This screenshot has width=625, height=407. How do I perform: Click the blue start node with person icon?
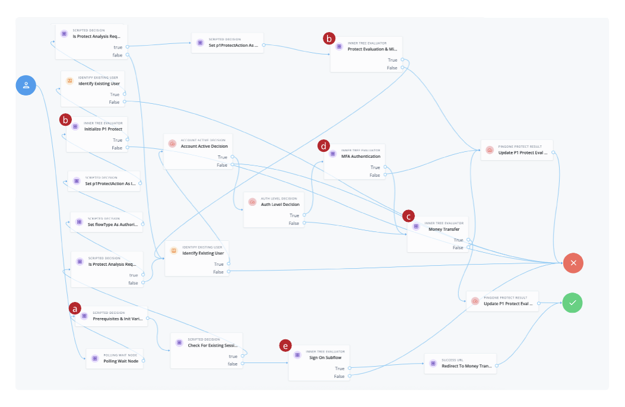pos(26,85)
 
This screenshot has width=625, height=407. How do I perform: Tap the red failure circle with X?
pos(573,262)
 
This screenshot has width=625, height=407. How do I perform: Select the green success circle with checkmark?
pos(573,303)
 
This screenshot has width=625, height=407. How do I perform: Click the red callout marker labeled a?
pos(75,309)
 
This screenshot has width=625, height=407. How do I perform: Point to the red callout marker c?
pos(408,216)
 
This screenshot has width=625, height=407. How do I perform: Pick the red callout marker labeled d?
pos(324,145)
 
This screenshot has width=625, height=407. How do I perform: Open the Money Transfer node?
pos(443,229)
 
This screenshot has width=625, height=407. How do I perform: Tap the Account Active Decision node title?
pos(204,146)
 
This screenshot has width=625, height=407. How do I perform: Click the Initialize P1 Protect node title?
pos(103,129)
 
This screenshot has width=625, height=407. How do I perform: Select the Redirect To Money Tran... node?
pos(466,366)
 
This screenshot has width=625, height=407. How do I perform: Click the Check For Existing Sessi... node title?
pos(212,345)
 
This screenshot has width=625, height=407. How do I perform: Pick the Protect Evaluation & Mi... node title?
pos(372,49)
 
